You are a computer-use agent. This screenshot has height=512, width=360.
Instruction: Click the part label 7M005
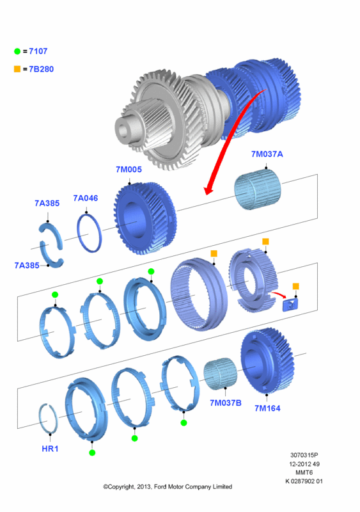(x=129, y=170)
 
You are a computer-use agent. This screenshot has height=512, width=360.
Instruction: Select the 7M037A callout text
(x=267, y=154)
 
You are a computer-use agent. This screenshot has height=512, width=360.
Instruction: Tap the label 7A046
(x=86, y=198)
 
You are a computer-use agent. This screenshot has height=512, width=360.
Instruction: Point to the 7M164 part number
(x=267, y=408)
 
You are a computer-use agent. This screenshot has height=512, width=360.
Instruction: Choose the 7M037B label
(x=226, y=403)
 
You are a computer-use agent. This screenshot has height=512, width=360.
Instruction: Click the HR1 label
(x=50, y=449)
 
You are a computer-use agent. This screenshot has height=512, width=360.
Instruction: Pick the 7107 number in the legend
(x=38, y=51)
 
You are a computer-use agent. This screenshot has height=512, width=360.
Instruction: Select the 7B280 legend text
(x=41, y=69)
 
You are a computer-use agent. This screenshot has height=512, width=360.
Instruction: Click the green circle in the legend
(x=17, y=51)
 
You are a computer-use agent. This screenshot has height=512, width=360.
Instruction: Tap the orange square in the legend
(x=17, y=69)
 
